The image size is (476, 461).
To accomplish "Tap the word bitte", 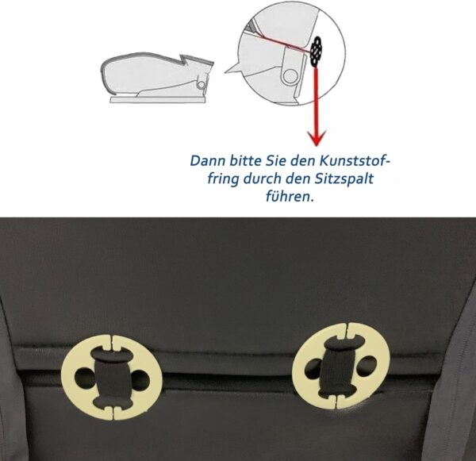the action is pyautogui.click(x=245, y=160).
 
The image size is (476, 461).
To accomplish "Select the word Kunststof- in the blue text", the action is pyautogui.click(x=355, y=160).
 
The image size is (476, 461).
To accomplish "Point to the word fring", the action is pyautogui.click(x=223, y=179).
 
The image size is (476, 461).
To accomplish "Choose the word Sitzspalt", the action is pyautogui.click(x=344, y=179).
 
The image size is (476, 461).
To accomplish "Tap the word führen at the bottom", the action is pyautogui.click(x=290, y=197).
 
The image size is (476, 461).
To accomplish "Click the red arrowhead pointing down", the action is pyautogui.click(x=317, y=138).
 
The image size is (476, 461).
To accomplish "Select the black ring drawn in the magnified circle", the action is pyautogui.click(x=316, y=51).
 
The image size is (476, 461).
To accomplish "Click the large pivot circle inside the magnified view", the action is pyautogui.click(x=290, y=76).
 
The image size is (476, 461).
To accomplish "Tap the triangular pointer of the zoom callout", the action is pyautogui.click(x=233, y=68).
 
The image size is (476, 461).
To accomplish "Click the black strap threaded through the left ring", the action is pyautogui.click(x=113, y=378).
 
